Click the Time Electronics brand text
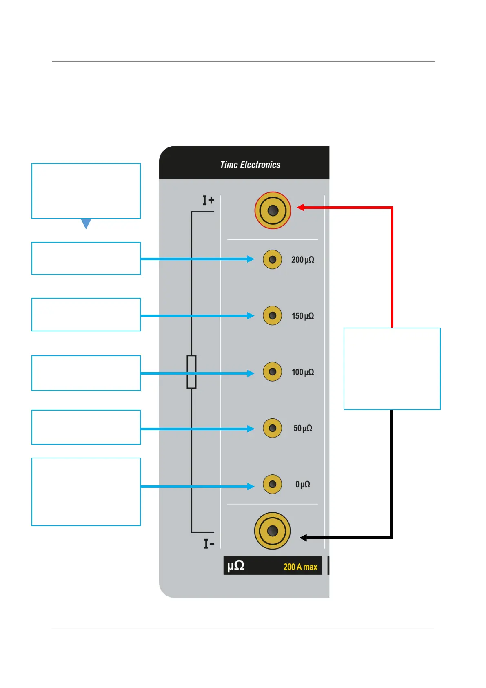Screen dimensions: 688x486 click(250, 165)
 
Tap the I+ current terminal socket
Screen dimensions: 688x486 click(273, 210)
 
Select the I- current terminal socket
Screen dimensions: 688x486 click(272, 531)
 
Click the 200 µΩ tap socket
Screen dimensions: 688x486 click(272, 259)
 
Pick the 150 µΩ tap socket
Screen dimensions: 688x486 click(272, 316)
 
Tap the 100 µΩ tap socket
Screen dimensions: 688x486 click(272, 372)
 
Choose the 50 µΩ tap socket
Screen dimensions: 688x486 click(272, 428)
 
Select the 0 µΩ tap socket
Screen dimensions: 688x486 click(272, 484)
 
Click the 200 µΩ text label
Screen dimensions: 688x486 click(302, 260)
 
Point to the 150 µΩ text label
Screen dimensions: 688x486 click(302, 316)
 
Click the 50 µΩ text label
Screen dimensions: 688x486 click(303, 429)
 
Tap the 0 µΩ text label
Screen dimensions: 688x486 click(302, 485)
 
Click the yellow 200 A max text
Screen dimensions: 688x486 click(300, 567)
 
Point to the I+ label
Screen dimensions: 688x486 click(208, 201)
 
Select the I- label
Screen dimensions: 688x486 click(209, 544)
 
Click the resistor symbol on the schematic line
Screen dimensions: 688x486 click(191, 372)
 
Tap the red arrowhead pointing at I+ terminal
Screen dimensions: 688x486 click(301, 208)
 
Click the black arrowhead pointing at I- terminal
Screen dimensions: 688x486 click(303, 538)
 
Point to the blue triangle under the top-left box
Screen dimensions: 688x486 click(86, 223)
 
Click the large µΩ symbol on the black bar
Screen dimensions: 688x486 click(235, 566)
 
